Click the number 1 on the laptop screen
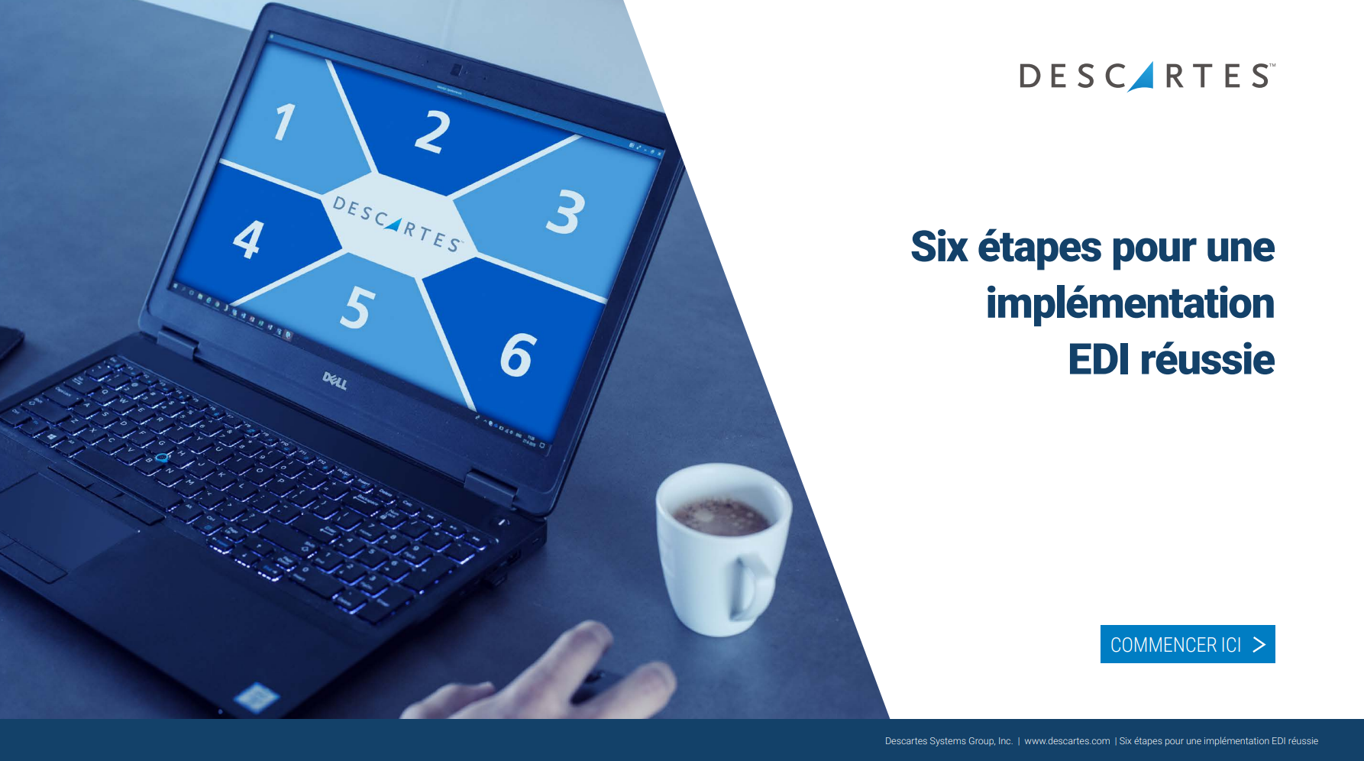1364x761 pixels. (x=285, y=122)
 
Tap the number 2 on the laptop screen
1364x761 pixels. (x=433, y=131)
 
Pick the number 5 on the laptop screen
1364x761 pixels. (x=357, y=307)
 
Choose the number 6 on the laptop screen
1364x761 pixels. (x=519, y=355)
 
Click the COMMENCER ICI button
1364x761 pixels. (x=1188, y=644)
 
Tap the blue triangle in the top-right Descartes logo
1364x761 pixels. (x=1143, y=77)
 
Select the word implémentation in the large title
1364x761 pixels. (x=1130, y=304)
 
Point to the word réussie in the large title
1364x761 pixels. (x=1207, y=359)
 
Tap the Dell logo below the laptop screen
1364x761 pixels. (x=335, y=380)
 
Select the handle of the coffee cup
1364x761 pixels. (x=751, y=585)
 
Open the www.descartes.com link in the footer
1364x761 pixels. (x=1067, y=741)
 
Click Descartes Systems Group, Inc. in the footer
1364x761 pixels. (x=949, y=741)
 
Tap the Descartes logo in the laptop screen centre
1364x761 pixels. (x=397, y=223)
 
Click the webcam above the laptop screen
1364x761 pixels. (x=456, y=70)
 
